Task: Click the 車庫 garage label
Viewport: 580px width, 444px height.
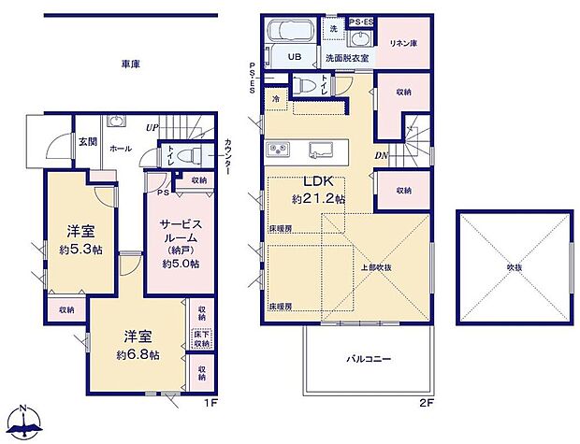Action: tap(131, 64)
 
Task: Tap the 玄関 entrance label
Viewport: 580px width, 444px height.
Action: tap(87, 141)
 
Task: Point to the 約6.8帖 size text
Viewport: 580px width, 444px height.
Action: tap(138, 355)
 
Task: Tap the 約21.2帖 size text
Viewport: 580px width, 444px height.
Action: tap(316, 199)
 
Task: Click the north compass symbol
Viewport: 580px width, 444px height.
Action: tap(25, 422)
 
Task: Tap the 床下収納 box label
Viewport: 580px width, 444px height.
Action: tap(200, 338)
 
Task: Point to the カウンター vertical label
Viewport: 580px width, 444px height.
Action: tap(228, 159)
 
